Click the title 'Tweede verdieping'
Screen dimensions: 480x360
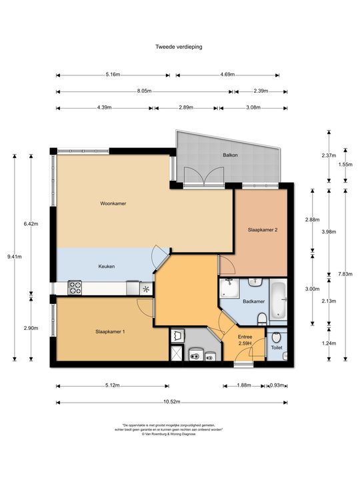click(179, 47)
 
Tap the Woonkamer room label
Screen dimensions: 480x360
click(113, 203)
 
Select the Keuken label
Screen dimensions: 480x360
click(107, 267)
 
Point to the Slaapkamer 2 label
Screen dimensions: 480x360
click(262, 230)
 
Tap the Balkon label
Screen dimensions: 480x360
click(231, 155)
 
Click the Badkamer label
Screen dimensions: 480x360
click(254, 301)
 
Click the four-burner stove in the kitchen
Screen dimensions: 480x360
click(75, 289)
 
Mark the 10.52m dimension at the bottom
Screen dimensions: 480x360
click(172, 402)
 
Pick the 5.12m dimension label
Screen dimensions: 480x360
click(112, 385)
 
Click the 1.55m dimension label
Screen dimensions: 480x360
click(345, 164)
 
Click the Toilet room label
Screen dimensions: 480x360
click(277, 347)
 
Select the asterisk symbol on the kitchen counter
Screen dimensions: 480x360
click(146, 289)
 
